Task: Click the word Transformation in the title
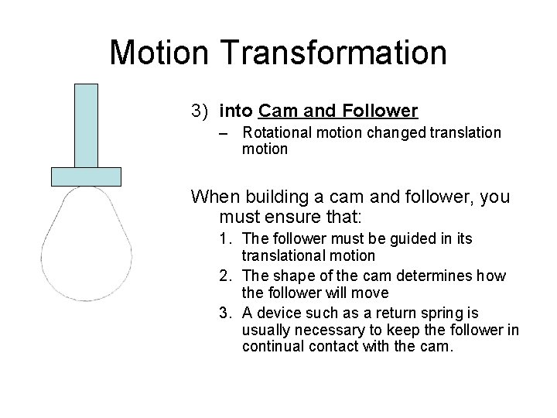pos(336,53)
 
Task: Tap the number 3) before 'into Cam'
pos(201,111)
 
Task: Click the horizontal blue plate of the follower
pos(86,176)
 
